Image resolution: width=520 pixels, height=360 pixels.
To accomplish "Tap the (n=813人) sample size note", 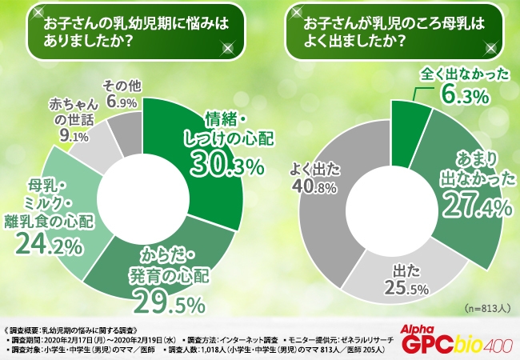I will [x=486, y=308].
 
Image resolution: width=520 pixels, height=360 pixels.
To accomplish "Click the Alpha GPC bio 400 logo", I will [x=459, y=339].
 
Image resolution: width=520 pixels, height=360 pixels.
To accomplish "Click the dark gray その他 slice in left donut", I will [x=127, y=128].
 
